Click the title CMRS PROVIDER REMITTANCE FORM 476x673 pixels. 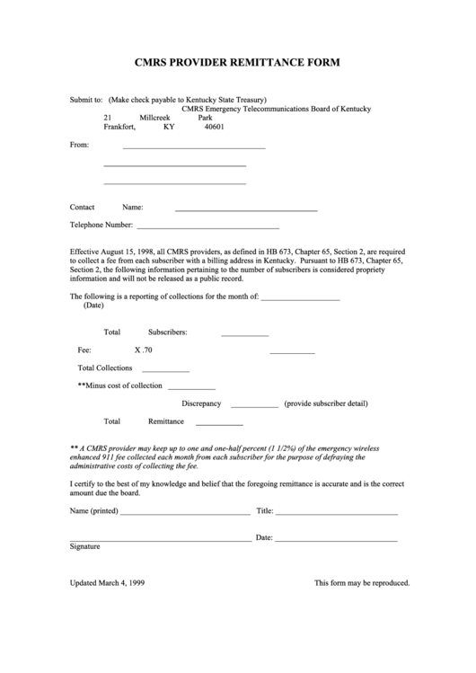237,64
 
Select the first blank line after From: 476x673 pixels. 193,147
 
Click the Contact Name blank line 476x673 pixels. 245,209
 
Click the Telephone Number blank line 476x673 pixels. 207,228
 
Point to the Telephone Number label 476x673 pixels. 101,225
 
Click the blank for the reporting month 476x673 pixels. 300,298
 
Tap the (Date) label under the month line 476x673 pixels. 93,306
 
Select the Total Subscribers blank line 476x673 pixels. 244,334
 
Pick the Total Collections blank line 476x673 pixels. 165,370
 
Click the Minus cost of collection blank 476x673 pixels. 191,388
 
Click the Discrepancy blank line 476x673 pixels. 254,407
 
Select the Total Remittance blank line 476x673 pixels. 219,424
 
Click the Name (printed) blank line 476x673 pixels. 185,514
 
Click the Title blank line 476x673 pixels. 336,514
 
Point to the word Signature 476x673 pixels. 85,546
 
